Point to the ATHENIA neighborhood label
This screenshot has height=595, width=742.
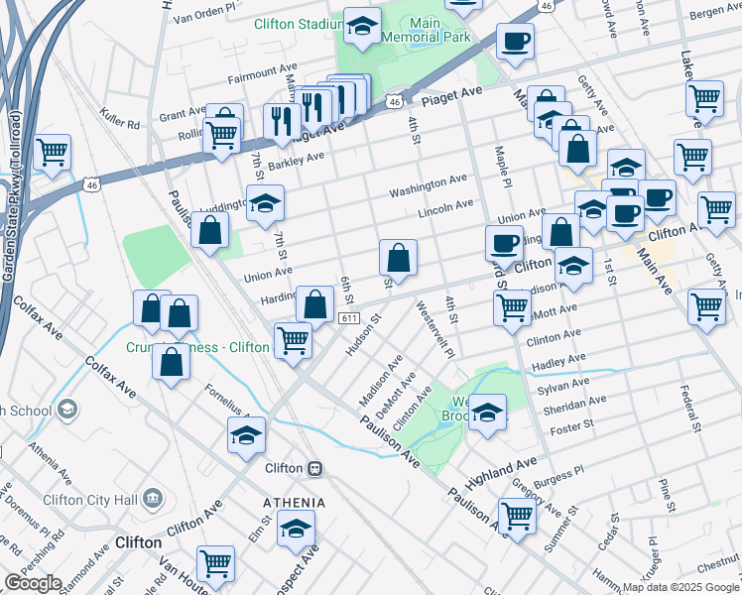tap(295, 503)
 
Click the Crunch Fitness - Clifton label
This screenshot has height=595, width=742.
tap(197, 348)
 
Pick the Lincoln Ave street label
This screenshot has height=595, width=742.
tap(445, 206)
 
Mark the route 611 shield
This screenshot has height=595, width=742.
tap(347, 318)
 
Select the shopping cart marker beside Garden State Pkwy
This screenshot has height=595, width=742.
tap(52, 153)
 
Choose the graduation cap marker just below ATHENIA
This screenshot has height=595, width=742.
tap(296, 531)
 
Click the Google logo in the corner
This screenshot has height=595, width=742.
tap(32, 583)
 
